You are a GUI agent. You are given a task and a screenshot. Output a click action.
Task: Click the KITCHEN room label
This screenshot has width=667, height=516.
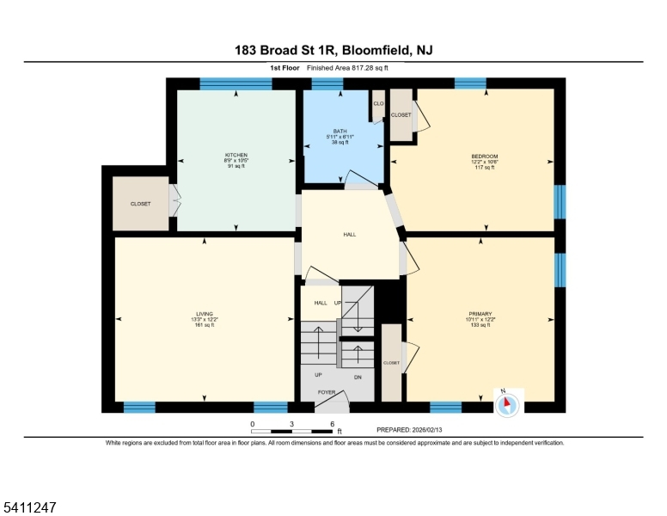click(236, 155)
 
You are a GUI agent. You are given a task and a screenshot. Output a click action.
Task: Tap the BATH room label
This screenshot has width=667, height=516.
click(340, 131)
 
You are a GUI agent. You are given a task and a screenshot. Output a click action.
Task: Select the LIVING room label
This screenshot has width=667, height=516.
click(205, 314)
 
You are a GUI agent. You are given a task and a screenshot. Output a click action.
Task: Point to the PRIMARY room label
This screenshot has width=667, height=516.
click(480, 314)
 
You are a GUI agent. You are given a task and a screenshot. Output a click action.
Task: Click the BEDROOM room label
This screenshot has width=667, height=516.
click(485, 157)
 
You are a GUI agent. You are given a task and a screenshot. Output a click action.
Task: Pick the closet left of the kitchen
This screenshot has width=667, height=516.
click(140, 204)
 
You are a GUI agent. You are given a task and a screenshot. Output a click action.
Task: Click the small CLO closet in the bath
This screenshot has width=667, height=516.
click(378, 103)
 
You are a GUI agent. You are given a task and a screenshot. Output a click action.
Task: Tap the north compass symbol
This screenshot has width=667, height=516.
click(507, 404)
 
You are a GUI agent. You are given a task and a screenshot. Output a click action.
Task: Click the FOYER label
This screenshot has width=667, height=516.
click(327, 392)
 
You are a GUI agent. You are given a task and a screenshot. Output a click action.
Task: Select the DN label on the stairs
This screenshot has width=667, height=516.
click(358, 378)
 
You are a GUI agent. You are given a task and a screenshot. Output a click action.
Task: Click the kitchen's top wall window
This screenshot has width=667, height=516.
click(236, 84)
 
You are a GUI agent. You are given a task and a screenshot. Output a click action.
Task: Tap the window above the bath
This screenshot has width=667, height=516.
click(327, 84)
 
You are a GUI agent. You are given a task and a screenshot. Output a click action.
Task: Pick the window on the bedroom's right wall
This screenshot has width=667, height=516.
click(560, 202)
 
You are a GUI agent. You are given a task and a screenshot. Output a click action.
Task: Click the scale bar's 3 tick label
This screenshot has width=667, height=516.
click(292, 424)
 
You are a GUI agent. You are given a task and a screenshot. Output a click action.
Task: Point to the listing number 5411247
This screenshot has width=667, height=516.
click(30, 507)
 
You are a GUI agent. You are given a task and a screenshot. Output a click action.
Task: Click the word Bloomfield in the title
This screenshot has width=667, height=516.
click(376, 50)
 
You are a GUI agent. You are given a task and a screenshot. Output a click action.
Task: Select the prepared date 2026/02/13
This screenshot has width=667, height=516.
click(426, 430)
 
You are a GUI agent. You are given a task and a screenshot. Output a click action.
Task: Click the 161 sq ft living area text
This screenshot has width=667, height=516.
click(205, 325)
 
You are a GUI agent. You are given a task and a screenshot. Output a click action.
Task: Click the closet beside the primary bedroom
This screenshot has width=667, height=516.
click(391, 363)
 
